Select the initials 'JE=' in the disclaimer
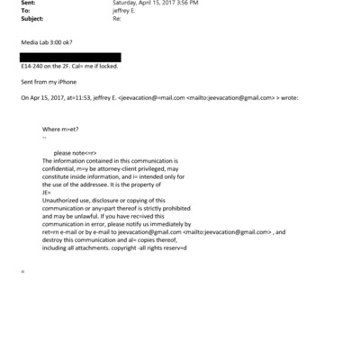pos(46,188)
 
